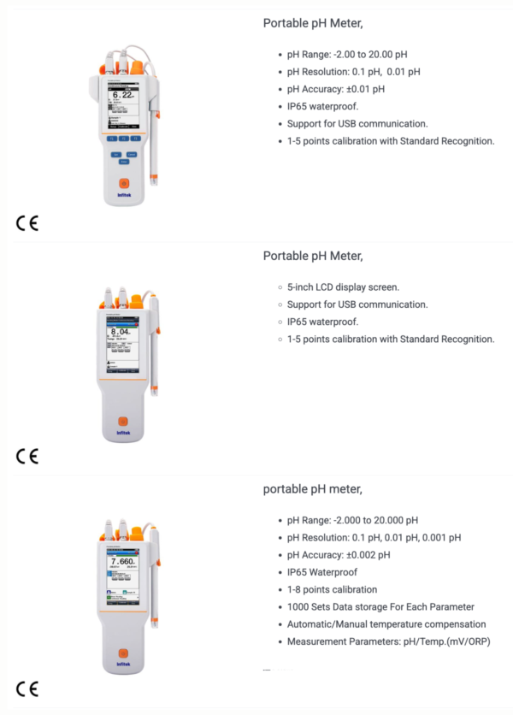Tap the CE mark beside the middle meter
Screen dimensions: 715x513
[x=27, y=456]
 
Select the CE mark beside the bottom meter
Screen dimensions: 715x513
[x=27, y=688]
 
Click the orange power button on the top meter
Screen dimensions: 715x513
[x=123, y=183]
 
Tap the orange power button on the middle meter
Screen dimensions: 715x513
[x=122, y=421]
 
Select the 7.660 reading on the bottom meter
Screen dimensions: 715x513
[x=122, y=561]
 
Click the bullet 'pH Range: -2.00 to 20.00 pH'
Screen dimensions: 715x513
[x=347, y=54]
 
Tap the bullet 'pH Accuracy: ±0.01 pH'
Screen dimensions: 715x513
[x=336, y=89]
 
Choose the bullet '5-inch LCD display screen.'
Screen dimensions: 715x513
[x=343, y=287]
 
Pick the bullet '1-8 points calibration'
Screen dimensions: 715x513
[x=333, y=589]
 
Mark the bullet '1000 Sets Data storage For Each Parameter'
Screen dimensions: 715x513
[x=380, y=607]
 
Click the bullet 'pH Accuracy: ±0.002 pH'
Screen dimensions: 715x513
[x=339, y=555]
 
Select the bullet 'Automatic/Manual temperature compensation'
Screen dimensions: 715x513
[x=386, y=624]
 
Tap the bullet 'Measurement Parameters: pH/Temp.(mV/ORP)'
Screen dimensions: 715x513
[x=389, y=641]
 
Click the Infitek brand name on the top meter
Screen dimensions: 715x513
[x=123, y=196]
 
